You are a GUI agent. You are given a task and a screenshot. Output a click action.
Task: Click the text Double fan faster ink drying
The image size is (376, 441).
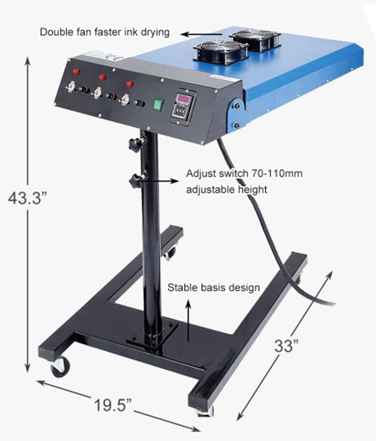(x=105, y=32)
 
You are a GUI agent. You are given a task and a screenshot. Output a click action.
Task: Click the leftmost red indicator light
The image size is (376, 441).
(x=76, y=71)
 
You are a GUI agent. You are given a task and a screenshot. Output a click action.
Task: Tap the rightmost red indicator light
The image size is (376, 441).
(x=130, y=84)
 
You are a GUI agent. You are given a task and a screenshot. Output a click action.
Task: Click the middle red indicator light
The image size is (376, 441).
(x=102, y=77)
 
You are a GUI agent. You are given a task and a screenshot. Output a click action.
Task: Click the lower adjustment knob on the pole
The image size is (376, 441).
(x=134, y=180)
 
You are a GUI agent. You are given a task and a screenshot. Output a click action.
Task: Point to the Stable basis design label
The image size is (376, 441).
(x=213, y=288)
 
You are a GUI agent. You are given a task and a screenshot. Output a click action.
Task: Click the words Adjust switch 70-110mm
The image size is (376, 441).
(x=244, y=173)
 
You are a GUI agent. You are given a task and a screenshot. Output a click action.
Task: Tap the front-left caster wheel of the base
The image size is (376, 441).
(x=60, y=367)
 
